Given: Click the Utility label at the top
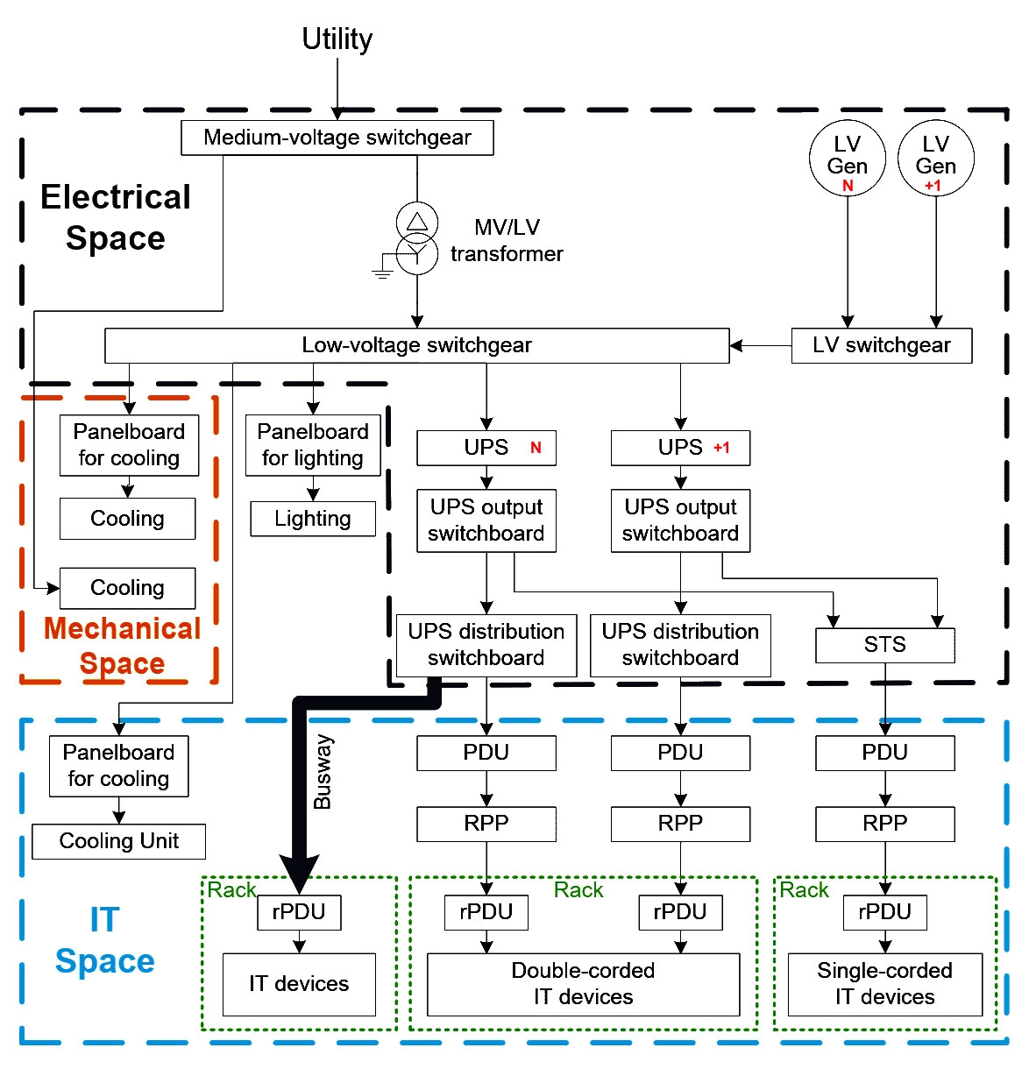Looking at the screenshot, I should (x=337, y=39).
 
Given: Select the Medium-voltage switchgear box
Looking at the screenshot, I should (x=337, y=138).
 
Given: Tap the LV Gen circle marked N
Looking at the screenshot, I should (x=847, y=158).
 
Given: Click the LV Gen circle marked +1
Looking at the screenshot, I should (x=935, y=158).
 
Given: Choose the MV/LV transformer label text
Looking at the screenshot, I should (x=507, y=240).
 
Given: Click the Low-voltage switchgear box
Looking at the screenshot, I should (x=416, y=345).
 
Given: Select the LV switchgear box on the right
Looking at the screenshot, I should (x=881, y=345).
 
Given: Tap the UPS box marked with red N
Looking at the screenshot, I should (x=486, y=448).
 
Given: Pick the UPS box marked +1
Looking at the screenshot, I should (x=680, y=448).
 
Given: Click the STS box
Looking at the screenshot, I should (x=884, y=645).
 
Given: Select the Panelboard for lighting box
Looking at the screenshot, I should (x=313, y=445).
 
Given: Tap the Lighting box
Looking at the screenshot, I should (x=313, y=519).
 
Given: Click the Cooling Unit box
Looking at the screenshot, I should (x=118, y=841).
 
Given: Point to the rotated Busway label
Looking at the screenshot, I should (x=323, y=771).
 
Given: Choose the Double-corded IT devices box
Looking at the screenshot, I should (x=583, y=984).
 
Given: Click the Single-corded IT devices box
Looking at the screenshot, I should (x=884, y=984).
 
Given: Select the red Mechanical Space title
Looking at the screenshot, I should (x=122, y=646).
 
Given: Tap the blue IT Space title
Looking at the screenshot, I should (x=104, y=940).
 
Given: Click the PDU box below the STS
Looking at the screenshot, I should (x=884, y=753).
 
